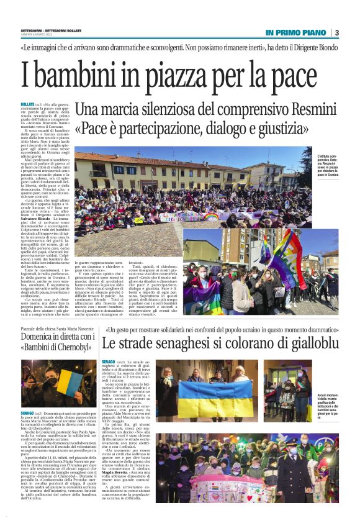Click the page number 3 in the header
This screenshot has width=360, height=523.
tap(337, 32)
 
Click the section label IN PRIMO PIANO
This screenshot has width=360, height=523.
tap(295, 32)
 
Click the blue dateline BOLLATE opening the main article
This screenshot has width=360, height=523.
tap(27, 104)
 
